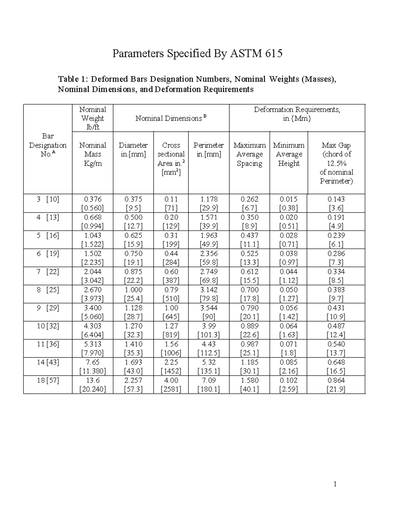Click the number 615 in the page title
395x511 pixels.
pos(274,53)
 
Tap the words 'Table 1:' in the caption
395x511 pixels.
pos(73,79)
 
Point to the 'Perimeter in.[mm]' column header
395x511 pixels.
pos(209,150)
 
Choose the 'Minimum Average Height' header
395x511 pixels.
pos(289,154)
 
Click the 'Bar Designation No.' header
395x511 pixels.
pos(48,145)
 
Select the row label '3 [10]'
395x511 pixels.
pos(48,199)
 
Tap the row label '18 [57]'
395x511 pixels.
pos(48,380)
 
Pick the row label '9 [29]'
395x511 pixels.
pos(48,308)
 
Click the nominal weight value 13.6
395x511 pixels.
pos(92,380)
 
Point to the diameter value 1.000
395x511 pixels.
pos(133,290)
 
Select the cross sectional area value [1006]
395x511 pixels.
pos(171,353)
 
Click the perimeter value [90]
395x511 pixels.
pos(209,317)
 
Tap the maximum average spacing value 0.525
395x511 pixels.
pos(249,254)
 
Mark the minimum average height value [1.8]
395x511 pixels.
pos(288,353)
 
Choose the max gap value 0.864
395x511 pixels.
pos(336,380)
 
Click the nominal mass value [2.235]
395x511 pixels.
pos(92,263)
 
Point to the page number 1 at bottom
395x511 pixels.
pos(335,484)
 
